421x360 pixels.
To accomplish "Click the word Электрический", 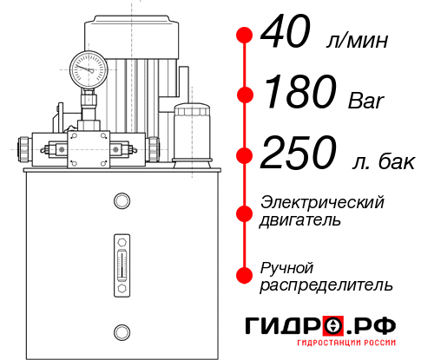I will (322, 202).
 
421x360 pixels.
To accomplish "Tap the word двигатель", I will (299, 219).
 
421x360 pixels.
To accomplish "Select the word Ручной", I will (286, 266).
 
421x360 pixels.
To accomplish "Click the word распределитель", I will (326, 284).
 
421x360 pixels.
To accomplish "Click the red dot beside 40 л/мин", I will (245, 36).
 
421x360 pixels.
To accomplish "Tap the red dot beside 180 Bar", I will (245, 95).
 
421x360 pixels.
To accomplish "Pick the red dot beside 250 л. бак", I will (245, 155).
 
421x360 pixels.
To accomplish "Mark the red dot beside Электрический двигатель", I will (245, 211).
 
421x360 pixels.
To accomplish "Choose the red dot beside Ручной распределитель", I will (245, 274).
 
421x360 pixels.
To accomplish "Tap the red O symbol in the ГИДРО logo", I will (332, 326).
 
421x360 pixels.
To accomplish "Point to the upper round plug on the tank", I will (121, 202).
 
